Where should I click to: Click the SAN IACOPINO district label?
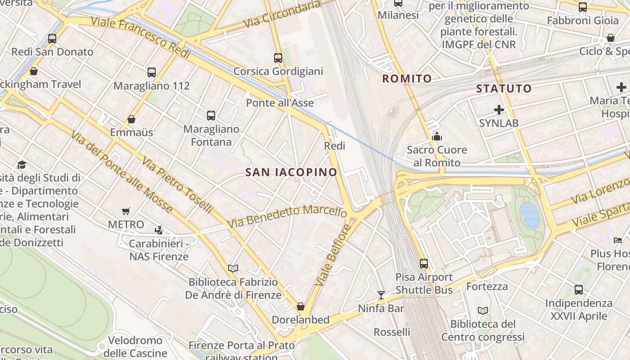pos(292,172)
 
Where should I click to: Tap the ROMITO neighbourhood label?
pos(407,79)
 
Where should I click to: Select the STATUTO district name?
pos(504,88)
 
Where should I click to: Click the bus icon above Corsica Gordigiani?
pos(278,58)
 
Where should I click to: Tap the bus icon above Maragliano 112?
pos(152,72)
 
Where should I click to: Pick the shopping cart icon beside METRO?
pos(126,211)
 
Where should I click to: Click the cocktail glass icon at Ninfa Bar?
pos(381,295)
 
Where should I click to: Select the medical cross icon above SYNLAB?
pos(499,109)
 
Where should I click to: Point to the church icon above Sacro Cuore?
pos(436,136)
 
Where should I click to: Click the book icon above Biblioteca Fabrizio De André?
pos(233,269)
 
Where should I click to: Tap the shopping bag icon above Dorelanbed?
pos(301,306)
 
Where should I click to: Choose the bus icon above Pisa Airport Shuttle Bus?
pos(424,264)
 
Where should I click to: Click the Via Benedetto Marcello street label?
pos(287,216)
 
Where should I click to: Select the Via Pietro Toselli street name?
pos(177,185)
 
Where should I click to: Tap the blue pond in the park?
pos(530,215)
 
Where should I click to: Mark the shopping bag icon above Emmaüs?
pos(131,119)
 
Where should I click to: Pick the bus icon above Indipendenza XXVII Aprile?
pos(579,290)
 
